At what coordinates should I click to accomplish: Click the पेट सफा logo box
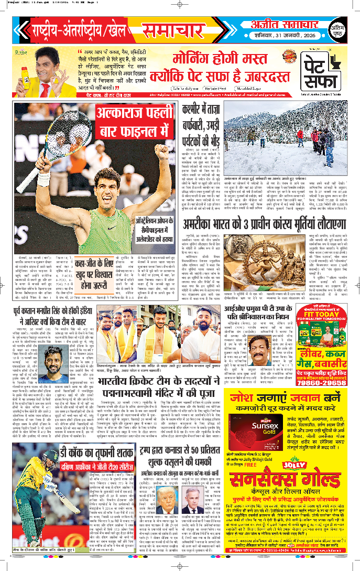(323, 72)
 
